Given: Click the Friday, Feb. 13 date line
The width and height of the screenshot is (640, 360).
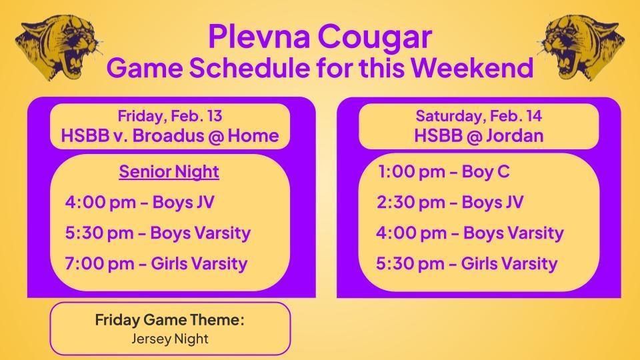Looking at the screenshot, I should (169, 116).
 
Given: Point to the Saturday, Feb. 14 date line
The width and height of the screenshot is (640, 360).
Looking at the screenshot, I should (479, 116).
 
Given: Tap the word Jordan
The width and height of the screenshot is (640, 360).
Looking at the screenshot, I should (515, 135).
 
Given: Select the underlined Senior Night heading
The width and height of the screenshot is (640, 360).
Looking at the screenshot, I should (169, 171).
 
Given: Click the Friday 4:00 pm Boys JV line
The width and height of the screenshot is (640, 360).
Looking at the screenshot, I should (140, 202).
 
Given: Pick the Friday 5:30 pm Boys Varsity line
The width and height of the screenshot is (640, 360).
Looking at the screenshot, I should (157, 233).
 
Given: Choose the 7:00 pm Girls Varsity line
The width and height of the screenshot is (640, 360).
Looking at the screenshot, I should (156, 263).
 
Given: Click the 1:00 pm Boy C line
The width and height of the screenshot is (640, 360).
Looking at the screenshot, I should (443, 172).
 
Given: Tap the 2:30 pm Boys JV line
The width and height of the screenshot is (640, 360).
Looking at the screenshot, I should (450, 202).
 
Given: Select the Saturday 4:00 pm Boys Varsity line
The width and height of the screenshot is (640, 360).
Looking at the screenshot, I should (469, 233).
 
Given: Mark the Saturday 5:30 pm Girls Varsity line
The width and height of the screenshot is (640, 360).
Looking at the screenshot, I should (467, 263).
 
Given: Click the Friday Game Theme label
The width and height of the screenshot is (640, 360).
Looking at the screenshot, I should (169, 320).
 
